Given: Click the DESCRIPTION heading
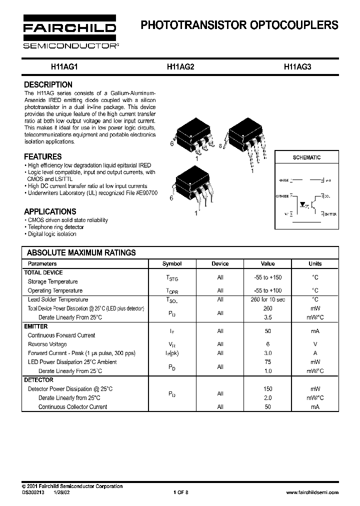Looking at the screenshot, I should [48, 85].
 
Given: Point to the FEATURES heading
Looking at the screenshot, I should [43, 156].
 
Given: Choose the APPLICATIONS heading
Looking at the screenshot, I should [50, 211].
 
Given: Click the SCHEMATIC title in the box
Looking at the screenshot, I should [306, 157].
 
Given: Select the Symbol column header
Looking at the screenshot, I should [172, 263].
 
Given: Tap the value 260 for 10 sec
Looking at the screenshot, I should [267, 299].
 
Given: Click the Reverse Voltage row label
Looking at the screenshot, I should [47, 344].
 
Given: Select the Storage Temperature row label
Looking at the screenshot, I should [52, 281].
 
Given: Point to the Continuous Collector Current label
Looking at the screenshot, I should [72, 407].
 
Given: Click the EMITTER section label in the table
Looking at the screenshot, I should [36, 326].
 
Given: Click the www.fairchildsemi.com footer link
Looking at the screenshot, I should [312, 492].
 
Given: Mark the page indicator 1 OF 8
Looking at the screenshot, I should [180, 492].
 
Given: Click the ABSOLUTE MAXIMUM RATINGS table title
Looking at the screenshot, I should [81, 253].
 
